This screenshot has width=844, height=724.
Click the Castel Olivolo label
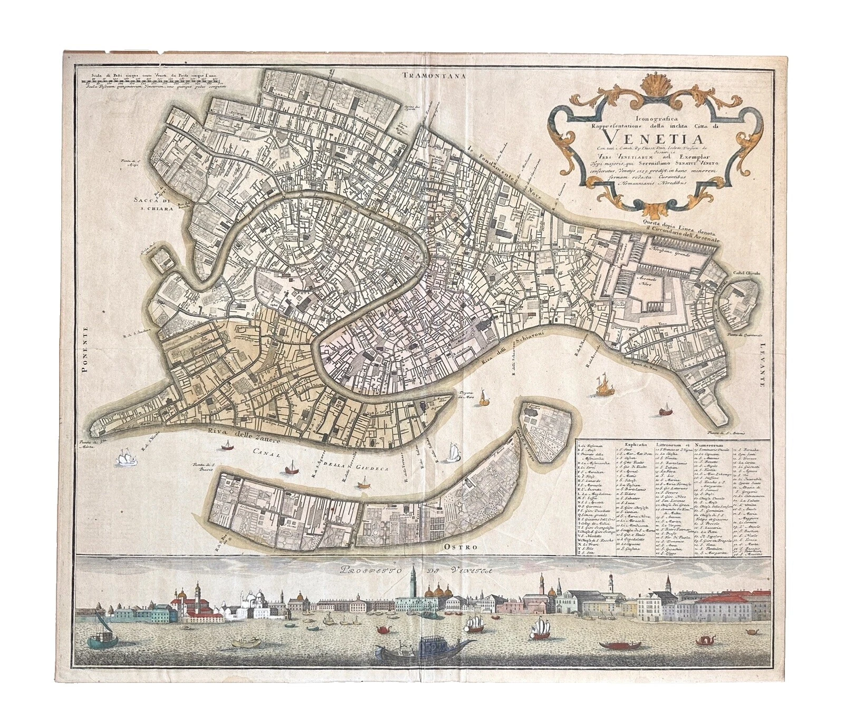click(743, 273)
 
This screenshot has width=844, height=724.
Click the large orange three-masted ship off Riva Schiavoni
click(601, 387)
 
